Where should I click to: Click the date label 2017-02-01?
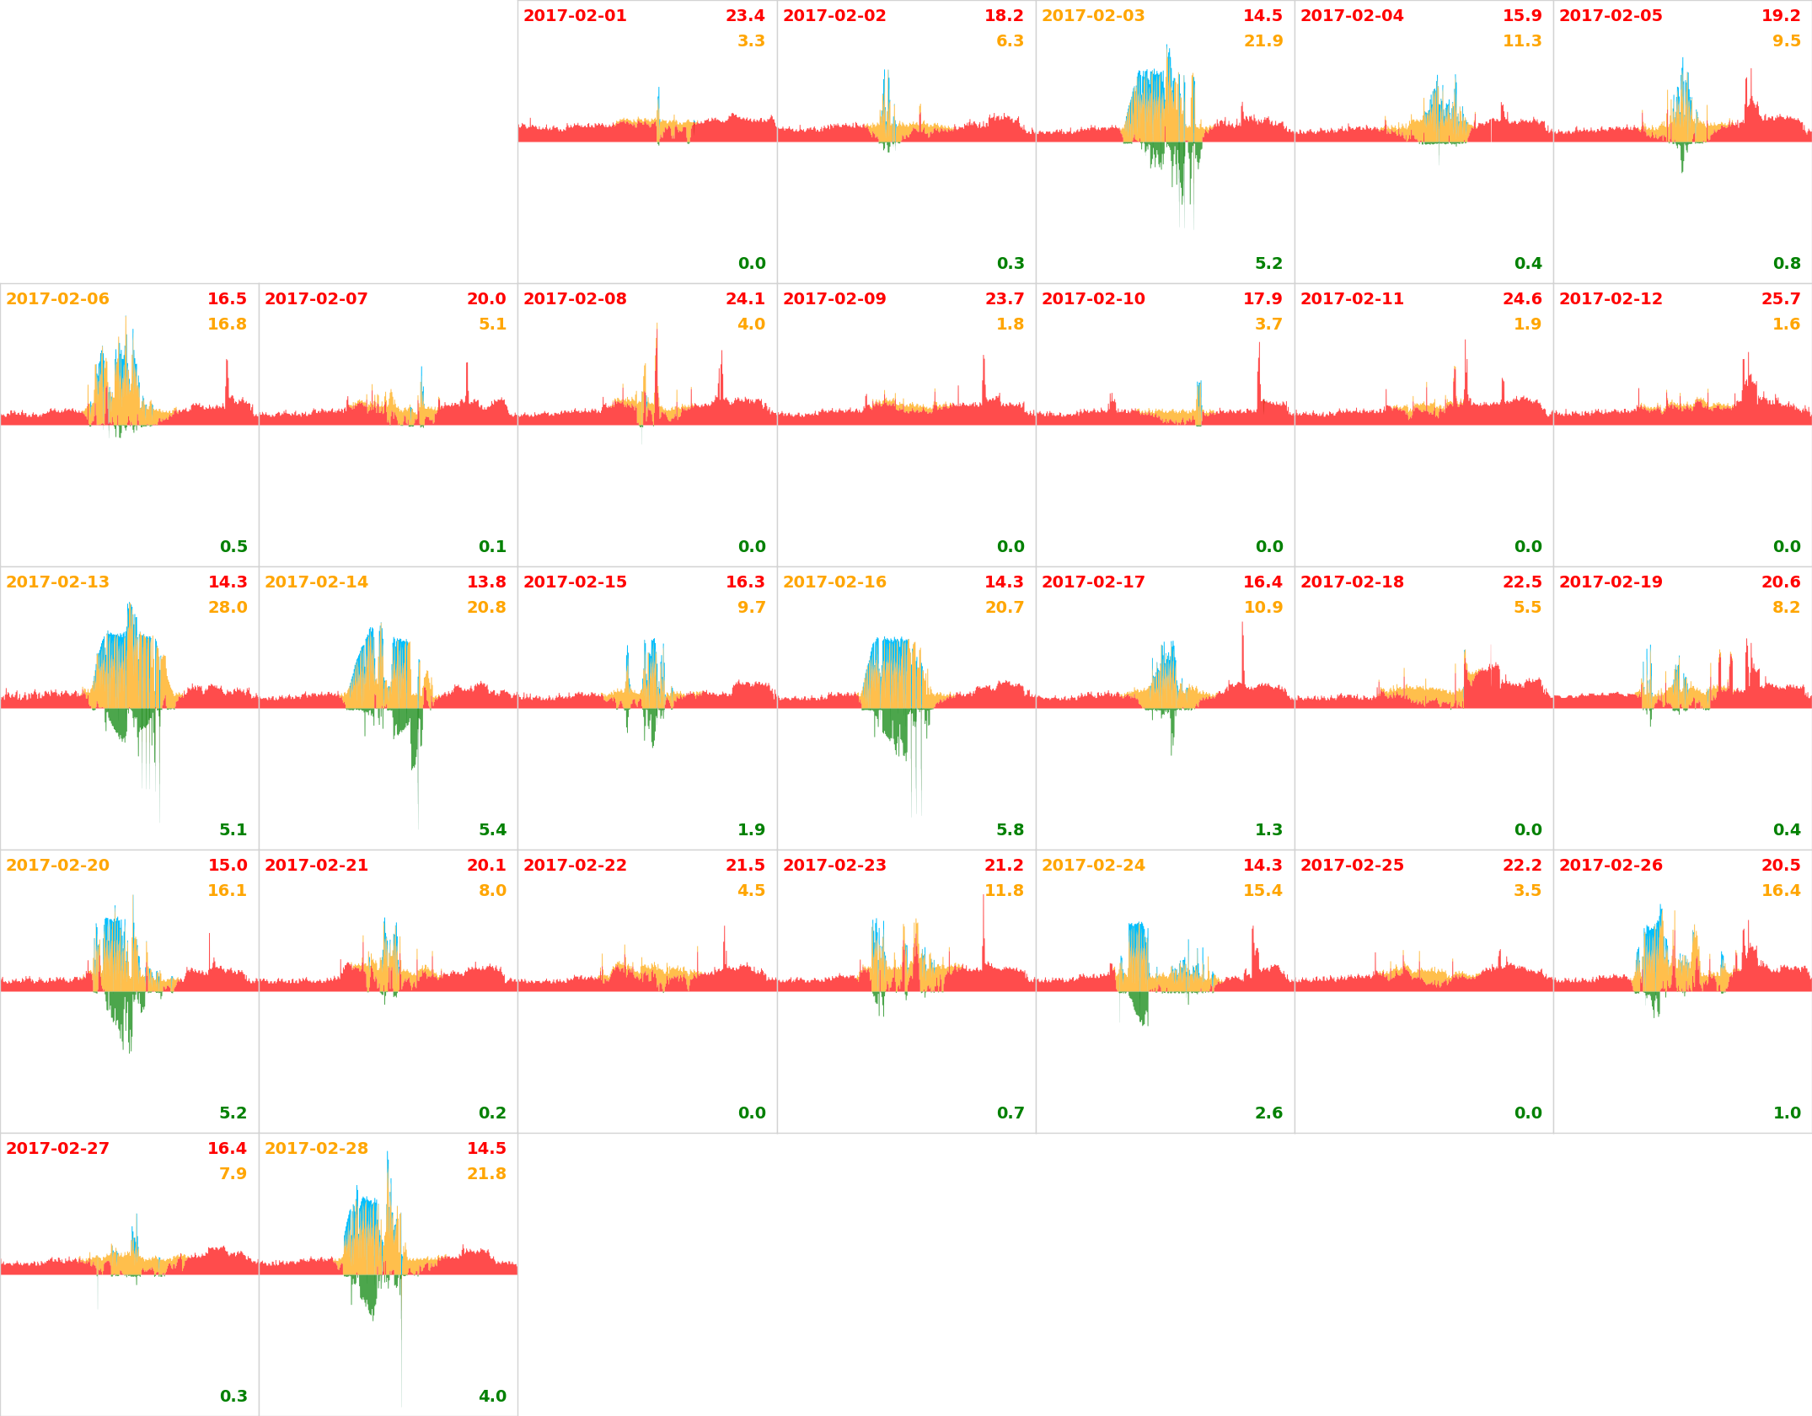point(575,16)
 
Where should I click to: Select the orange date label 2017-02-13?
point(57,582)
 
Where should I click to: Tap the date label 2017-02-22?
point(575,866)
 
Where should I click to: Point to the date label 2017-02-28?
point(316,1149)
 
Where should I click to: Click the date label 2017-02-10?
point(1093,299)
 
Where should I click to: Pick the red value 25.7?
point(1780,299)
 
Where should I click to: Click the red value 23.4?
point(745,16)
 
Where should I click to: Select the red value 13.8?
point(486,582)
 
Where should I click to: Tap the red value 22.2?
point(1521,866)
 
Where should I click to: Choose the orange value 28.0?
point(228,608)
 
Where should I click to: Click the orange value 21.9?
point(1263,41)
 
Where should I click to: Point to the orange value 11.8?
point(1004,891)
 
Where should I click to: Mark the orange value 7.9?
point(233,1174)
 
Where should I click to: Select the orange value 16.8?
point(227,324)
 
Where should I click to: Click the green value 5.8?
point(1010,830)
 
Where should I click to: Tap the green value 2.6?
point(1268,1113)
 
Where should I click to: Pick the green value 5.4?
point(492,830)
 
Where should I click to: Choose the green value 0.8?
point(1786,264)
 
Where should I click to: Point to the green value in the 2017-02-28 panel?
point(492,1397)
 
